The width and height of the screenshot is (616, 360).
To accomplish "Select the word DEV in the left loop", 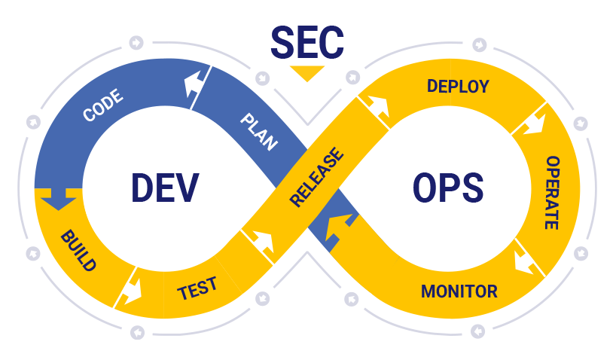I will click(x=165, y=188).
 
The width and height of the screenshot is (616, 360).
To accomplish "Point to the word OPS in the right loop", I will click(x=448, y=188).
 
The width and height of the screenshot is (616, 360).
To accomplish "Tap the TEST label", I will click(x=197, y=288).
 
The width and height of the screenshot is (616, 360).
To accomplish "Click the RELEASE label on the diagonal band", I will click(x=316, y=178).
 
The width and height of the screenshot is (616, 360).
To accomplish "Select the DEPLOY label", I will click(x=458, y=86).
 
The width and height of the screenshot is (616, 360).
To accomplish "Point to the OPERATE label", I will click(x=552, y=193).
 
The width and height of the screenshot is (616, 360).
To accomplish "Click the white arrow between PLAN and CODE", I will click(x=197, y=85).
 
